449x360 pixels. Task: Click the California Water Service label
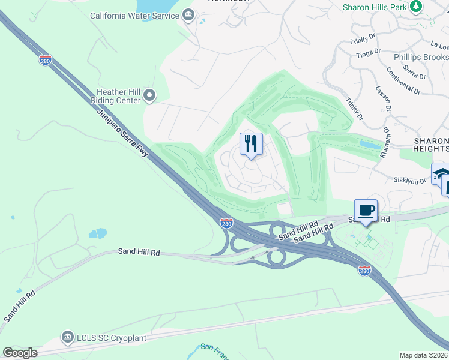click(x=134, y=15)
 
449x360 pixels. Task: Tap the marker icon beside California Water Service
click(x=189, y=15)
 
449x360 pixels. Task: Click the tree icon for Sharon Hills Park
click(x=415, y=7)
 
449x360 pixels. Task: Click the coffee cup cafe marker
click(x=366, y=211)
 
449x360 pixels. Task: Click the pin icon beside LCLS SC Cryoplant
click(x=67, y=338)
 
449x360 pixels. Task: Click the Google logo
click(x=20, y=352)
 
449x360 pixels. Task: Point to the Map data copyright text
click(x=423, y=355)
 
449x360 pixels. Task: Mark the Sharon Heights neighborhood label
click(x=431, y=144)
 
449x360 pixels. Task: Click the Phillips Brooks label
click(x=421, y=57)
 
